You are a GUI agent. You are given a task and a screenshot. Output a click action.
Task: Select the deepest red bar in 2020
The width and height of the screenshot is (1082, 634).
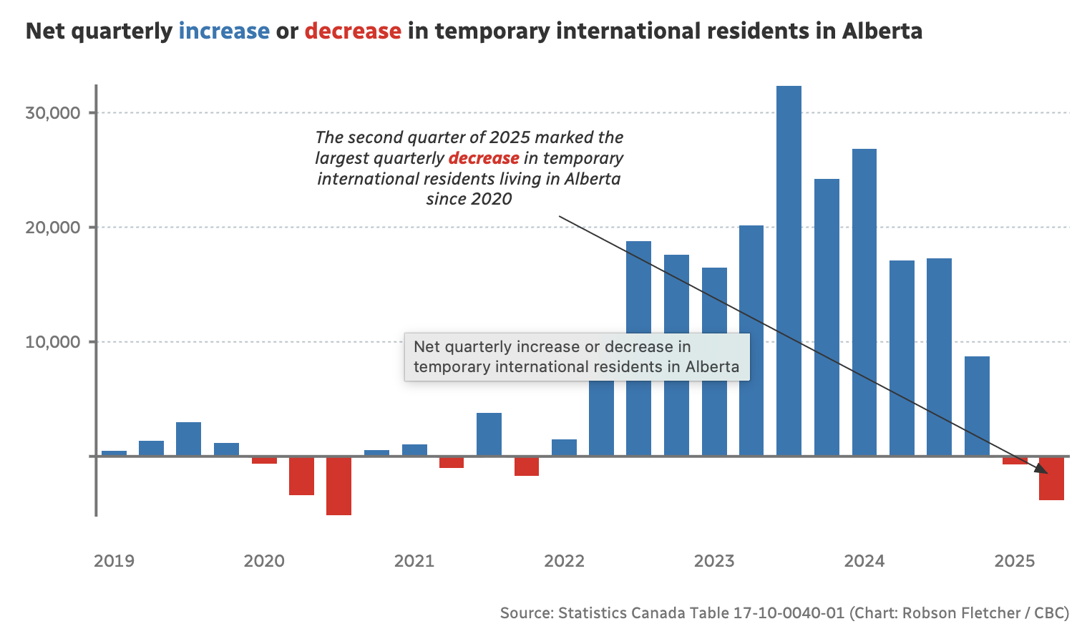coord(338,486)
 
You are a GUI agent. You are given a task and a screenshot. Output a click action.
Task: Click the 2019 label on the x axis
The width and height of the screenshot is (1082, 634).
coord(114,561)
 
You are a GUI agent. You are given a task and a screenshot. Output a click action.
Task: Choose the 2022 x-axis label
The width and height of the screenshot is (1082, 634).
coord(564,561)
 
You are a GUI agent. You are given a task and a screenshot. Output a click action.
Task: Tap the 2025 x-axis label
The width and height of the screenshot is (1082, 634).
coord(1014,561)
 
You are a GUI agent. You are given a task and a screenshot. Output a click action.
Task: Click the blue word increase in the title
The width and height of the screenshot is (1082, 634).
coord(224,31)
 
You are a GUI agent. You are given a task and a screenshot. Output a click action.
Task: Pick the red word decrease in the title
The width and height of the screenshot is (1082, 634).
coord(353,31)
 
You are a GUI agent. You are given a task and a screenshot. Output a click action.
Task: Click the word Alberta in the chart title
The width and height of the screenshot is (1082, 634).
coord(882,31)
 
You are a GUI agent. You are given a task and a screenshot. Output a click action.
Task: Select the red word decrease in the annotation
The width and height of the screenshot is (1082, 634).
coord(484,158)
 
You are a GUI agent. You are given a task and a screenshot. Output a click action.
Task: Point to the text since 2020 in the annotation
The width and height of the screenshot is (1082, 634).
coord(469,199)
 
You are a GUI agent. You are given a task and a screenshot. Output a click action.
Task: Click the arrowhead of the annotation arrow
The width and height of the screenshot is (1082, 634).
coord(1041,469)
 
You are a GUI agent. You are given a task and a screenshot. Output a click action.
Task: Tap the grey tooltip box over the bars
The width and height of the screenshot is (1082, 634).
coord(577,357)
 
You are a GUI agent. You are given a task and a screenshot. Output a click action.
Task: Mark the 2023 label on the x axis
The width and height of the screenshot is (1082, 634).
coord(714,561)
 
